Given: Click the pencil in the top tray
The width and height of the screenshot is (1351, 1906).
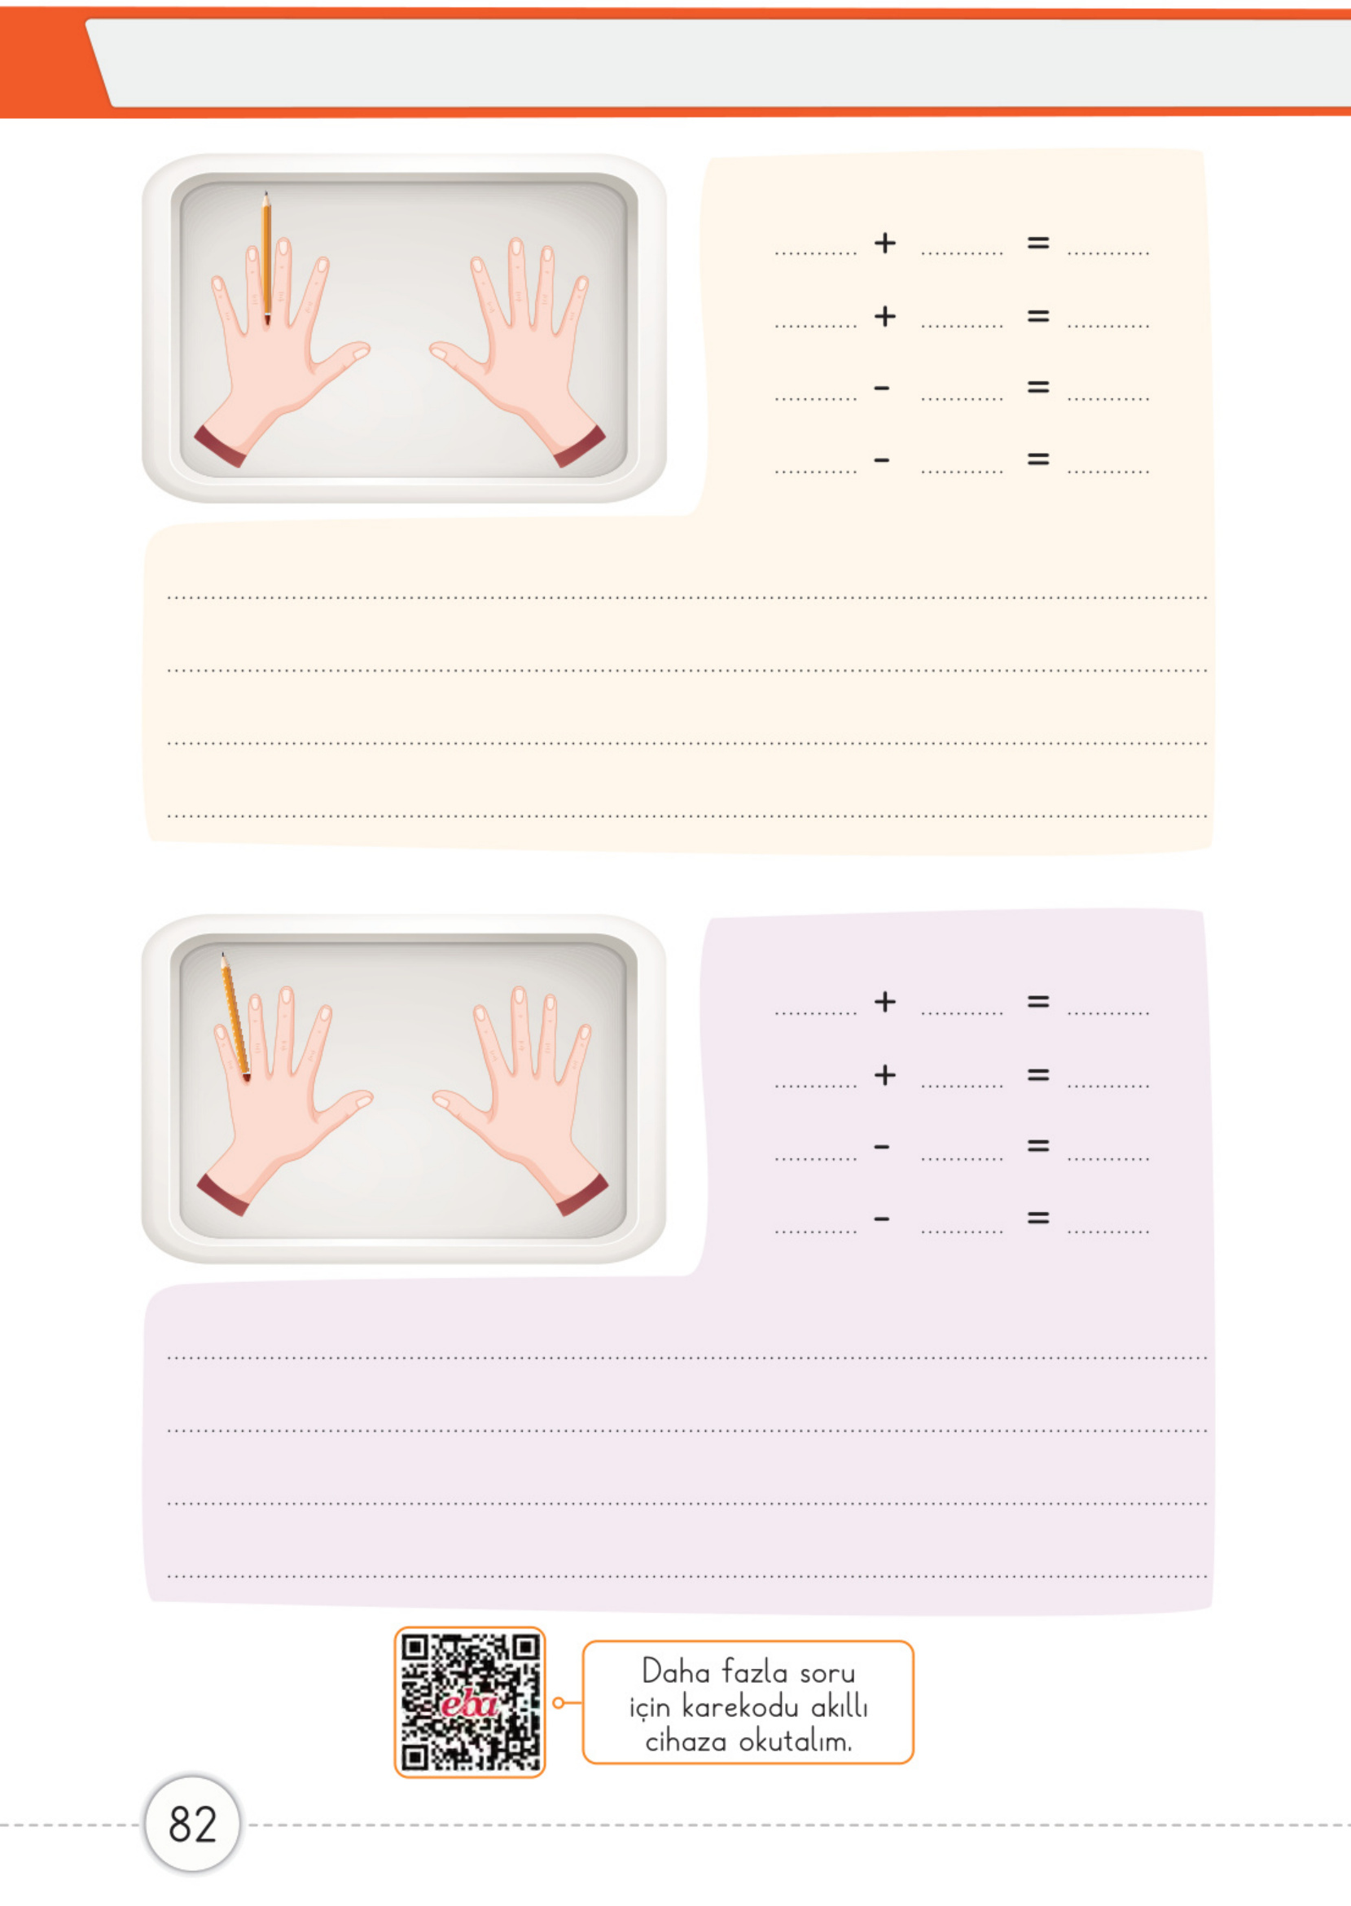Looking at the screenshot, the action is click(266, 258).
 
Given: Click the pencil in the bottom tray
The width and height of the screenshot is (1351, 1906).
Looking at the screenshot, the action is click(235, 1017).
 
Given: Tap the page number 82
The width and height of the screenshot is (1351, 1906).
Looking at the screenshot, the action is click(192, 1825).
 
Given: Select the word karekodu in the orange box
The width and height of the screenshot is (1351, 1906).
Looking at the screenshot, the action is click(739, 1706).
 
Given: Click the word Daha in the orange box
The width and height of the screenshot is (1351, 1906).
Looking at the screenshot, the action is click(674, 1671).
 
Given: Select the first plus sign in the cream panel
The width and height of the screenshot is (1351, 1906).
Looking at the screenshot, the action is click(885, 243).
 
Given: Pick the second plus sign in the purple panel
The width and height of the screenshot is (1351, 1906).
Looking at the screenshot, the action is click(885, 1075).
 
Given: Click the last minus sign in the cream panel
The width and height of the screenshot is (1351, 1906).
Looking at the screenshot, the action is click(882, 459).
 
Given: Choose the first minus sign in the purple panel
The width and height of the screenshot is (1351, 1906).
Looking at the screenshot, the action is click(882, 1147).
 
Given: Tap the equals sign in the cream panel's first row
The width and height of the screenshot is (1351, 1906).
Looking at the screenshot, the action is click(1038, 243).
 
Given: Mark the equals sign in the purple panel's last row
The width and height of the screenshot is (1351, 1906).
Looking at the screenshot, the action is click(1038, 1218).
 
